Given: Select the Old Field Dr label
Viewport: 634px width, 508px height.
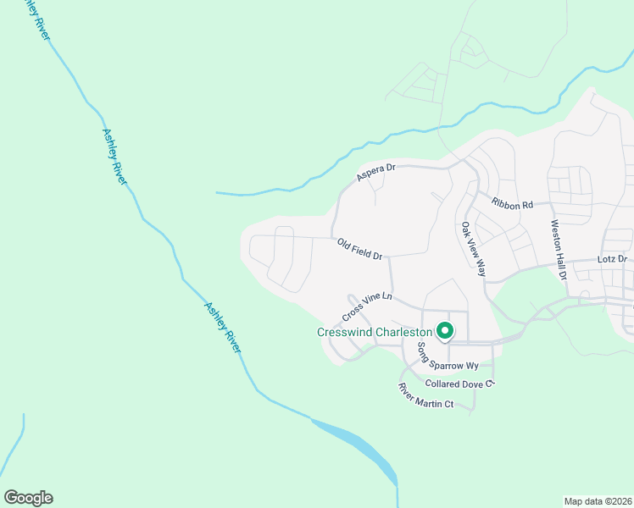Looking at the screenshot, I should pos(360,249).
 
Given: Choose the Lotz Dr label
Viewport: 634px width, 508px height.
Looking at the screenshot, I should pos(610,258).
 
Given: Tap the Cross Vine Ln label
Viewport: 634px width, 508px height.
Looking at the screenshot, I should pos(368,306).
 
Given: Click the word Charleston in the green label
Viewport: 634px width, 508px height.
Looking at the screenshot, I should pos(405,333).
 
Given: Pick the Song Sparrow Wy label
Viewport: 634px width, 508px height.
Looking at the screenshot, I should pos(448,366).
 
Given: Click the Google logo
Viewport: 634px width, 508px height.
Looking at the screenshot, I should pos(28,498).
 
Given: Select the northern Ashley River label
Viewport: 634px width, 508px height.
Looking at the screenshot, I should pos(114,157).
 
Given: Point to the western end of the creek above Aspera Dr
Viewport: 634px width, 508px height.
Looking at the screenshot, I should pos(219,193).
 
